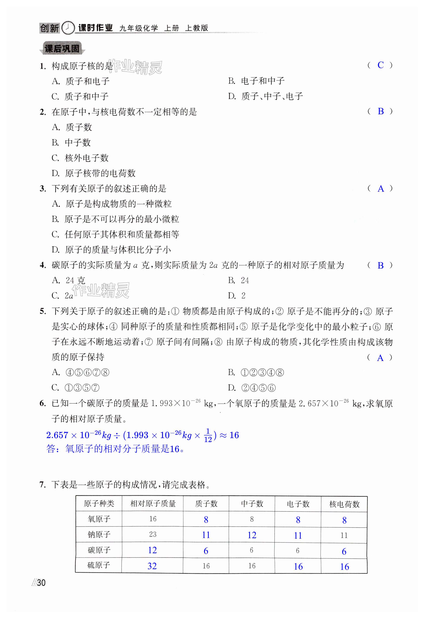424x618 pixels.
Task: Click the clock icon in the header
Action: point(68,28)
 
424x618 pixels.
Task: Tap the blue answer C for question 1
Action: point(381,65)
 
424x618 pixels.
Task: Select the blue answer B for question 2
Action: point(381,111)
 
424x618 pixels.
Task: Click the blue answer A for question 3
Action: point(381,189)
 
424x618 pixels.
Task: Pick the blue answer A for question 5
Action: point(380,358)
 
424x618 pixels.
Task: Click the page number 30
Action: point(41,583)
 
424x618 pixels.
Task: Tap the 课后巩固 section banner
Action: point(62,49)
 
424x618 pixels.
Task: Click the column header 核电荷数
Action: point(344,504)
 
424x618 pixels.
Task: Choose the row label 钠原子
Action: point(99,534)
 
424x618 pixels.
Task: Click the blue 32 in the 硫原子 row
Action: point(152,566)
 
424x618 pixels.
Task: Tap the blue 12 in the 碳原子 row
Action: point(152,550)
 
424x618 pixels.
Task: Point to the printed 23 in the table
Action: point(153,534)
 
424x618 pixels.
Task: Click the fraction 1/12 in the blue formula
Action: point(208,435)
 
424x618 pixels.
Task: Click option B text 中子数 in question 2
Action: point(78,143)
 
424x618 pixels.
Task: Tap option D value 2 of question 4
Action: point(243,296)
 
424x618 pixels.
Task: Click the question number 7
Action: point(43,484)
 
